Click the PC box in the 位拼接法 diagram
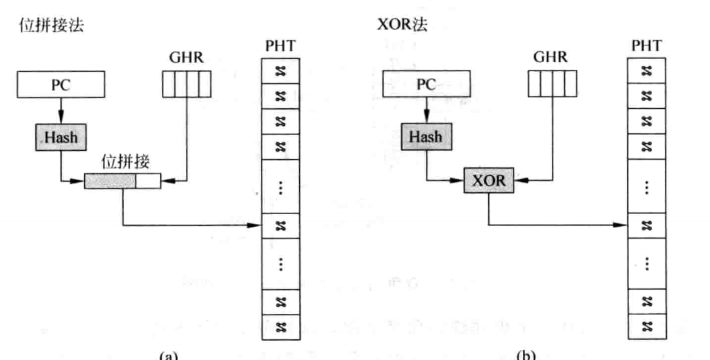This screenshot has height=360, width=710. [x=61, y=85]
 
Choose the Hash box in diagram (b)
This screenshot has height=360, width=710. [x=426, y=137]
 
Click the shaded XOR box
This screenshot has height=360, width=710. [x=489, y=181]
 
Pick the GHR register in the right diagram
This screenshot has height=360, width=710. [x=552, y=84]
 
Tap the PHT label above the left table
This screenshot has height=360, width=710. [x=280, y=47]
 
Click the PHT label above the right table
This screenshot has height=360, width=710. [x=646, y=47]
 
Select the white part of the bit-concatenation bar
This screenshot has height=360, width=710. [x=148, y=181]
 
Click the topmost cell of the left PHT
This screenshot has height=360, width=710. [x=280, y=71]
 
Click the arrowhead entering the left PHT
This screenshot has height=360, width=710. [x=255, y=226]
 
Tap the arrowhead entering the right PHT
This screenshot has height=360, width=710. [x=621, y=224]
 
